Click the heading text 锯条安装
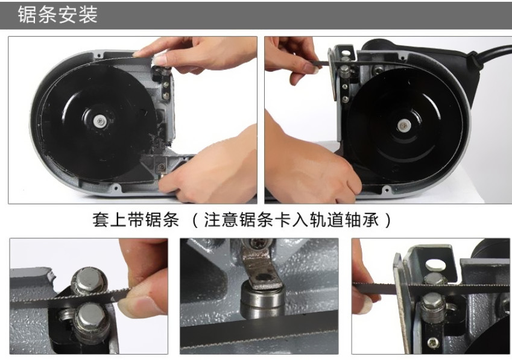[x=57, y=14]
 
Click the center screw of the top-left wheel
[x=100, y=121]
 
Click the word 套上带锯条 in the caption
[x=136, y=219]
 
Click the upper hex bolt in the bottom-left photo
[x=89, y=280]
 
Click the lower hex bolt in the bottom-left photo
[x=92, y=319]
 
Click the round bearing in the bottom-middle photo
[x=262, y=299]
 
